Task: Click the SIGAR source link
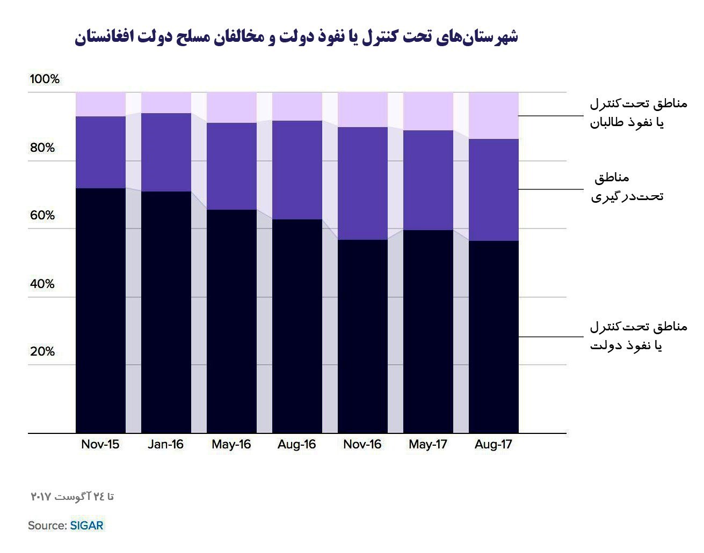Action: click(86, 526)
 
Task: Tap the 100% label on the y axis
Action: click(45, 79)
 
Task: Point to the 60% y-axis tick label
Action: click(42, 216)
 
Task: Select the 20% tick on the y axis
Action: click(42, 352)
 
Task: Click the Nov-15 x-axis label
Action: click(100, 445)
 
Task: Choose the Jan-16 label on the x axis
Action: click(165, 445)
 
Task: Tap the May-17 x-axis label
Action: click(427, 445)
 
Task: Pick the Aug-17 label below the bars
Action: click(493, 445)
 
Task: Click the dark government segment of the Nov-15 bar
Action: click(100, 311)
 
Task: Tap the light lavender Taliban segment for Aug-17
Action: click(493, 116)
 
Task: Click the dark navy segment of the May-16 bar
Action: click(231, 322)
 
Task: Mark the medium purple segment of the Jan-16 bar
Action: click(166, 152)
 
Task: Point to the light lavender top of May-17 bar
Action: click(428, 112)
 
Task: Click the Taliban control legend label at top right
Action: click(638, 113)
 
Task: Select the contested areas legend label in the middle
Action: click(627, 187)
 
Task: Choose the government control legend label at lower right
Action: click(638, 336)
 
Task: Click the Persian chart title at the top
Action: click(296, 38)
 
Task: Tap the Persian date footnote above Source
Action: click(72, 497)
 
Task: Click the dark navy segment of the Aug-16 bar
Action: click(297, 327)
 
